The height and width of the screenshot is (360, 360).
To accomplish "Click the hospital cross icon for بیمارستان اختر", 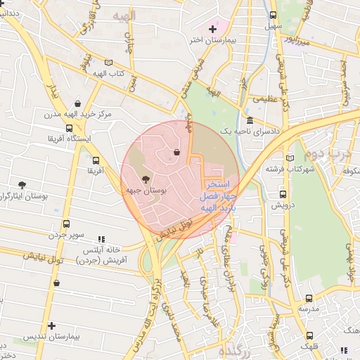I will click(x=212, y=29).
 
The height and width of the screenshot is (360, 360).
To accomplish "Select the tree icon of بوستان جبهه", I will click(x=146, y=179).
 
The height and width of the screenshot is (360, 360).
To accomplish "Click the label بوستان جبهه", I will click(x=146, y=191).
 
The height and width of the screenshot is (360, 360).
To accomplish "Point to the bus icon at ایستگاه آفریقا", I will click(x=68, y=128).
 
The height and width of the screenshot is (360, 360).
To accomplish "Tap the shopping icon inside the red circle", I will click(x=176, y=152).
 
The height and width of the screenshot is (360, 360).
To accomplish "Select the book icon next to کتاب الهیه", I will click(x=108, y=63).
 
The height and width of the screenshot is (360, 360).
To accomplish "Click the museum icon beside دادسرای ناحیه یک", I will click(x=250, y=120).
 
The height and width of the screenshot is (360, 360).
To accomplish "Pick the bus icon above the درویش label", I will click(x=283, y=195).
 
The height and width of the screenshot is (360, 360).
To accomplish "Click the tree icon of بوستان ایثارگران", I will click(x=22, y=184).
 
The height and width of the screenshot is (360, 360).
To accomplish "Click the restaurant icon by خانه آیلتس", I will click(x=102, y=239).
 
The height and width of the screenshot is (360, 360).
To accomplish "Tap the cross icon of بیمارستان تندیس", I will click(x=51, y=326).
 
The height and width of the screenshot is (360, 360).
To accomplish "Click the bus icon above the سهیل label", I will click(x=273, y=15).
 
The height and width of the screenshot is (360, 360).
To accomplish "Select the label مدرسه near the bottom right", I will click(x=308, y=308).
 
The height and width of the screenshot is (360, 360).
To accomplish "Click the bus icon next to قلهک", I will click(x=311, y=335).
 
